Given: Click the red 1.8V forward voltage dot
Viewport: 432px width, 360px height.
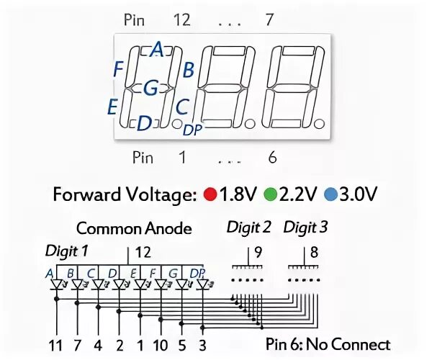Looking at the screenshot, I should coord(210,194).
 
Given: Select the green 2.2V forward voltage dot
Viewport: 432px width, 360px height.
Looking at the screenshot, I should coord(270,194).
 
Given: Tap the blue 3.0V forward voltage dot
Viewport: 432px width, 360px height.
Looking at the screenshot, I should coord(330,194).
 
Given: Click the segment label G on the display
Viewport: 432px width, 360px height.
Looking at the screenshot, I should coord(150,88).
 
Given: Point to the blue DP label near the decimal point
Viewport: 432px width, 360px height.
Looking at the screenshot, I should coord(192,130).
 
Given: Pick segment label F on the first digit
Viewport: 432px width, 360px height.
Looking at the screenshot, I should coord(119,69).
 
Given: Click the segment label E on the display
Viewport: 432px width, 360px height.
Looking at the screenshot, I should coord(112,107).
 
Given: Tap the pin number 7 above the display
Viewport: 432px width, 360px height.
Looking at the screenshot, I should coord(269,20).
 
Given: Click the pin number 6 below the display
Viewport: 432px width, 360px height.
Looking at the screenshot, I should coord(271,157).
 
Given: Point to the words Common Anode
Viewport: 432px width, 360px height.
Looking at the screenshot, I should coord(134,229).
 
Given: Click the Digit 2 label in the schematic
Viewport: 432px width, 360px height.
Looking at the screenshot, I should coord(248,228).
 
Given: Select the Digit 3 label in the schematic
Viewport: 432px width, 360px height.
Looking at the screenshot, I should coord(305,228).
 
